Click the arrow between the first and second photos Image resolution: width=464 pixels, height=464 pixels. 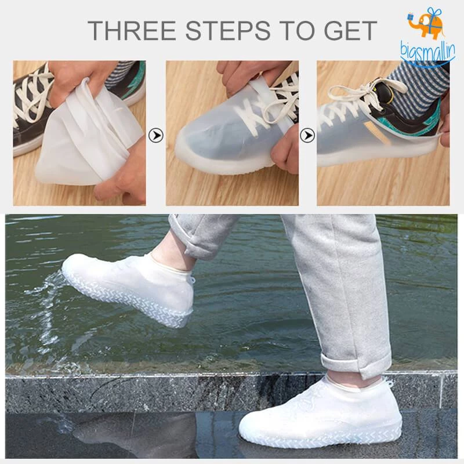[x=155, y=136]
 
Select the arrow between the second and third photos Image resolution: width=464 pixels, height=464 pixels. [x=307, y=136]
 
